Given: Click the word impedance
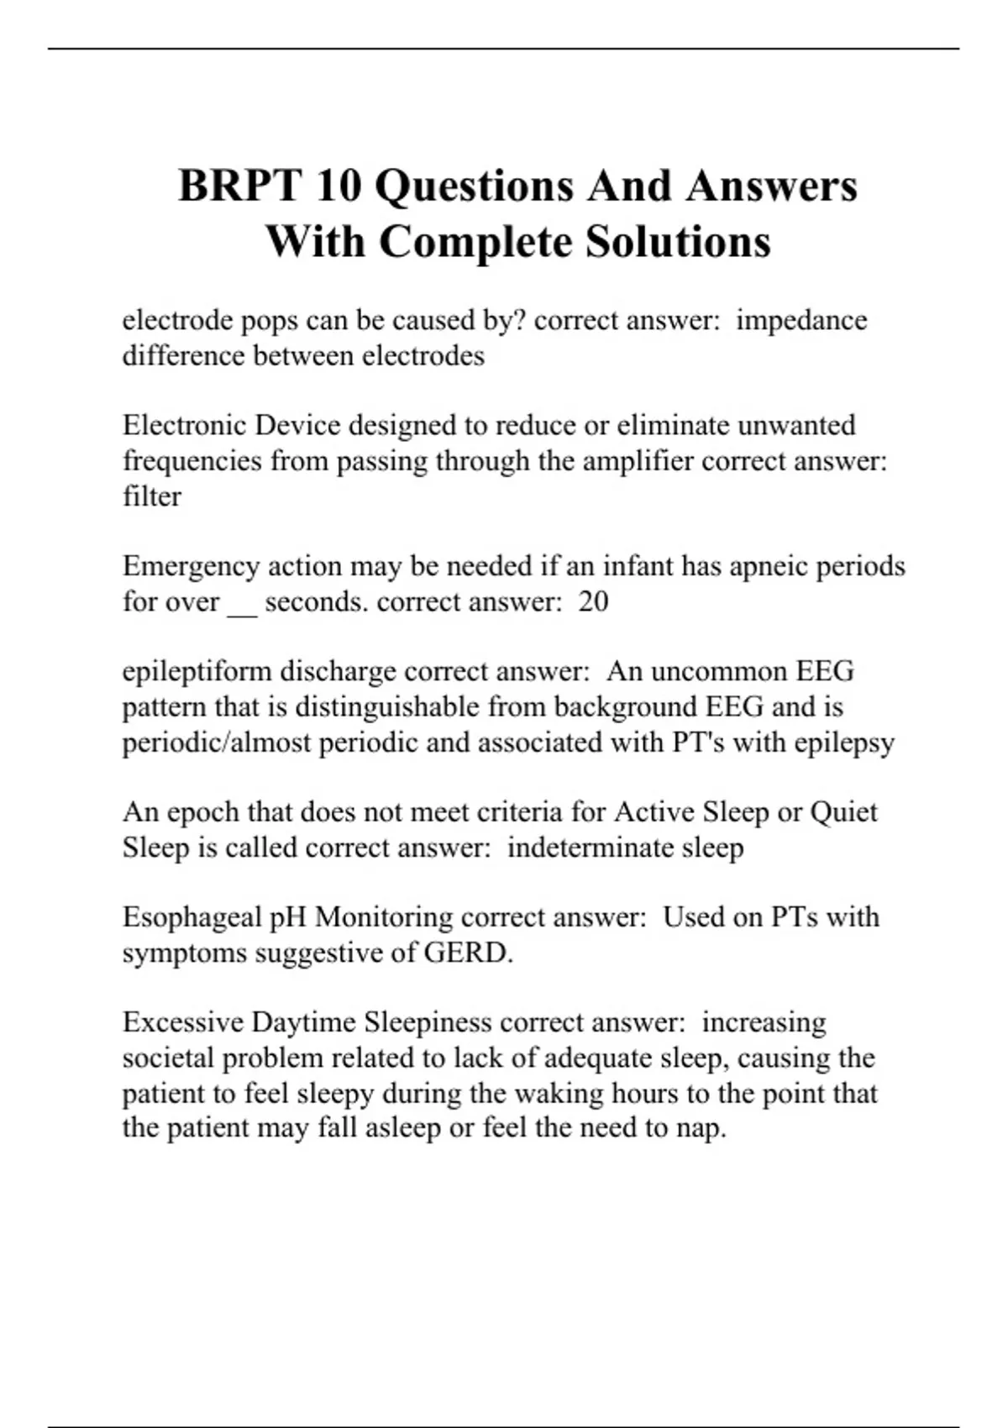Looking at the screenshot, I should pyautogui.click(x=801, y=321).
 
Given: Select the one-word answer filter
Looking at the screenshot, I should pyautogui.click(x=151, y=496).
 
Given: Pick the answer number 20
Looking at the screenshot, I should pyautogui.click(x=593, y=602).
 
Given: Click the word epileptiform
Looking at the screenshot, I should pyautogui.click(x=197, y=672).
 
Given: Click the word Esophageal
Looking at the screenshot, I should pyautogui.click(x=192, y=917).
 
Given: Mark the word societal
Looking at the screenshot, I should pyautogui.click(x=167, y=1058).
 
